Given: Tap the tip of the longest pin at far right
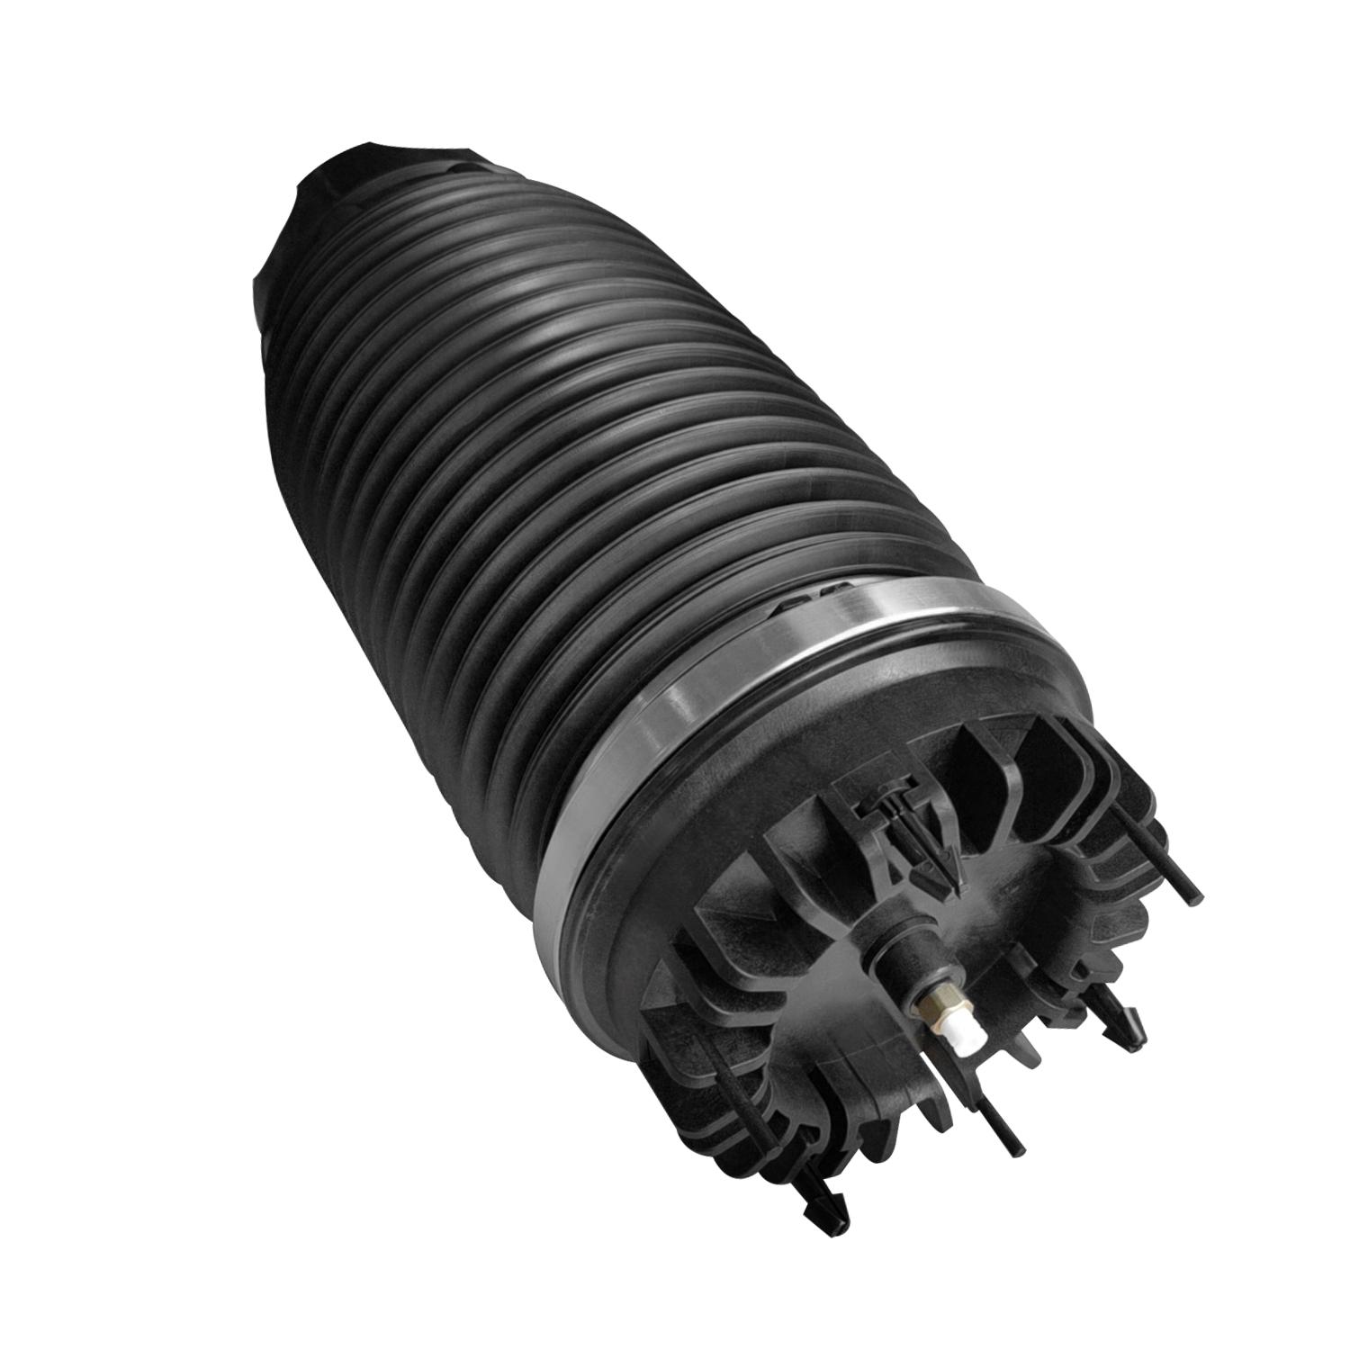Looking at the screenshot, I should click(x=1195, y=895).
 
